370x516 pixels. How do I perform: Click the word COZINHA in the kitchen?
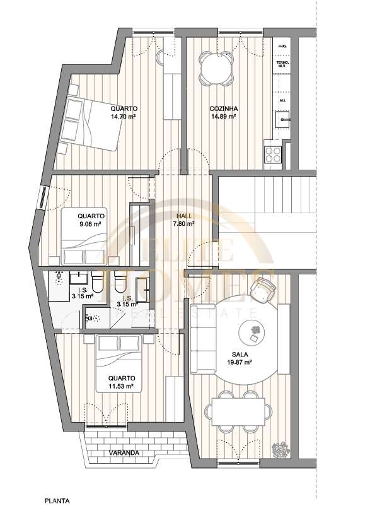pyautogui.click(x=223, y=109)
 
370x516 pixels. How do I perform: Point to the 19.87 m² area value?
pyautogui.click(x=239, y=363)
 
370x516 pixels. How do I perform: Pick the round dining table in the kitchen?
pyautogui.click(x=216, y=69)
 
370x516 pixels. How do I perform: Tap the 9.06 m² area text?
pyautogui.click(x=91, y=223)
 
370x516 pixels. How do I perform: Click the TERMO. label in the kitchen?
pyautogui.click(x=282, y=63)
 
